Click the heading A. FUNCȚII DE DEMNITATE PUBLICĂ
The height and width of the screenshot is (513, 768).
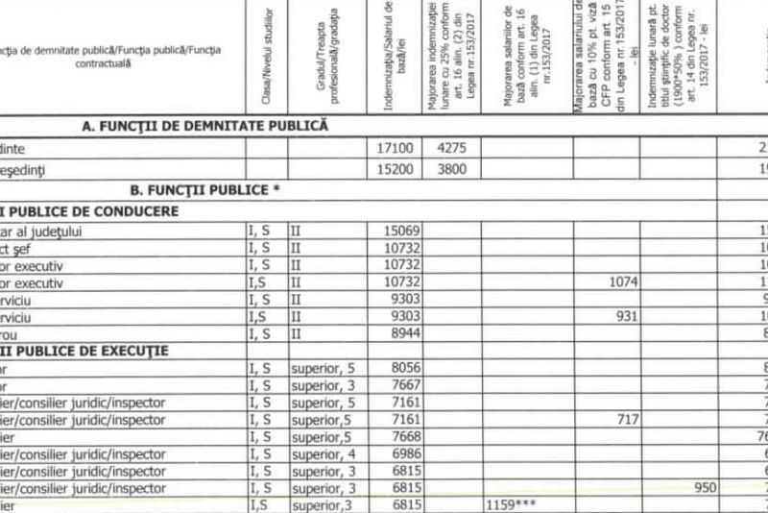[205, 126]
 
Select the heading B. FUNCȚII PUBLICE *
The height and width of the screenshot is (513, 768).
[204, 189]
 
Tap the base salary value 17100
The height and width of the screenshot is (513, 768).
[398, 149]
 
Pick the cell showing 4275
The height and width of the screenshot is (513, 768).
[450, 149]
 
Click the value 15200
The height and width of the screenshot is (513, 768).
[398, 170]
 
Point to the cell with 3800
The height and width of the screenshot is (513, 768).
[450, 170]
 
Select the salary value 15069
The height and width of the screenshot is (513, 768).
[402, 232]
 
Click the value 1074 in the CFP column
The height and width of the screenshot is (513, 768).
[624, 283]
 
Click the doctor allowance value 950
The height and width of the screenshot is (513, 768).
[706, 488]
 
